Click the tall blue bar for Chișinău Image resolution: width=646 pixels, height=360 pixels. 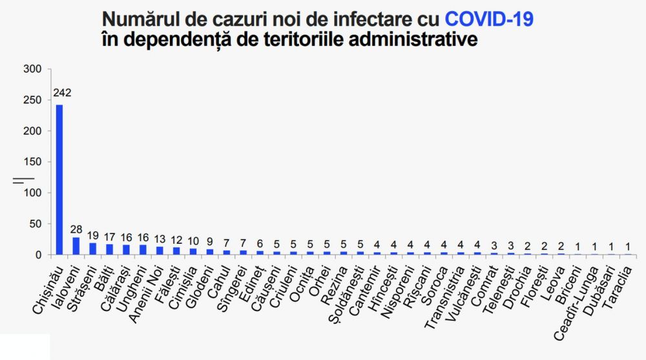[x=59, y=180]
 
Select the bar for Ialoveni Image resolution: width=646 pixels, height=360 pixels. [x=76, y=246]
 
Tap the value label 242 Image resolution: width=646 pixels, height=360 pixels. [x=62, y=93]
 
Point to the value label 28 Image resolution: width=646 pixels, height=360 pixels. [x=76, y=229]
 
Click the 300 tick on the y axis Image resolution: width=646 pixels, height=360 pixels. [x=32, y=69]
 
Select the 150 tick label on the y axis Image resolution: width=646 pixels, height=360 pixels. [x=32, y=162]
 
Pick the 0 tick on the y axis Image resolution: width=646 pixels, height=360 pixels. [x=38, y=255]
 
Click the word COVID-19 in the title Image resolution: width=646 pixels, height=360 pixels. [x=489, y=19]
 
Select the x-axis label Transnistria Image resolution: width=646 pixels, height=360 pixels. [x=444, y=297]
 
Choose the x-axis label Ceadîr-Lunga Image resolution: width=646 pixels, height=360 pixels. [x=576, y=303]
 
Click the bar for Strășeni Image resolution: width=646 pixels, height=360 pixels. [x=92, y=249]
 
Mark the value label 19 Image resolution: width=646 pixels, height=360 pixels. [x=92, y=235]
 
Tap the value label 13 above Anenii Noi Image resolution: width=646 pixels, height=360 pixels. [x=160, y=239]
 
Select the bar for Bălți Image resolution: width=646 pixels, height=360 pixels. [x=109, y=249]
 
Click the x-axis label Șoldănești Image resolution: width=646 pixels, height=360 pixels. [x=346, y=295]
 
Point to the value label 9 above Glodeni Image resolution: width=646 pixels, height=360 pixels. [x=210, y=242]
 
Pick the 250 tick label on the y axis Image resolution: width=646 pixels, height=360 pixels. [x=32, y=100]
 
